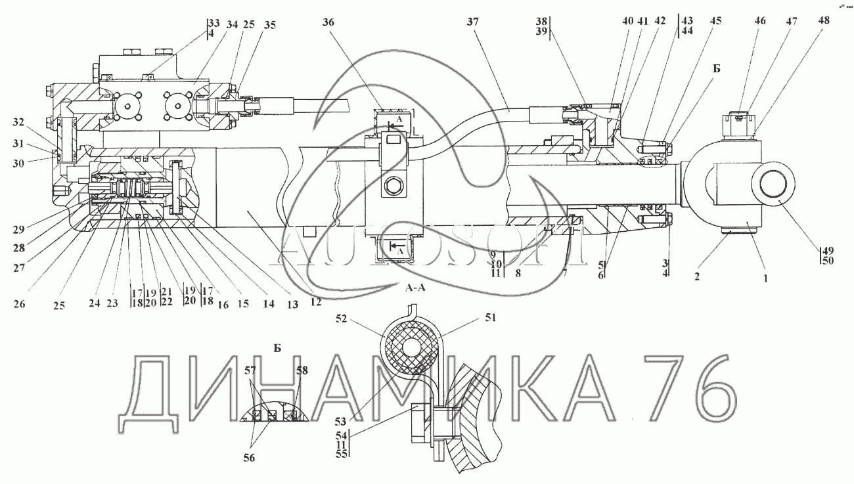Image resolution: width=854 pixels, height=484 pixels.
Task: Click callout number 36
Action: [328, 21]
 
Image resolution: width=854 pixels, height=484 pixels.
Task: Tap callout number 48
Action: [824, 21]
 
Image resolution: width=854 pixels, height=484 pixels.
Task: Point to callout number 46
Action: [760, 21]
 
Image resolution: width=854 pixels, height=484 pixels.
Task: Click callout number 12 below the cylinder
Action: [316, 301]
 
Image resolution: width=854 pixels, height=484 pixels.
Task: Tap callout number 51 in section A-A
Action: [491, 319]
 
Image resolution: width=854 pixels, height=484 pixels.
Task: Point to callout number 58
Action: [301, 371]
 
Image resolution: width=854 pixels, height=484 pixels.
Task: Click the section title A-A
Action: [417, 288]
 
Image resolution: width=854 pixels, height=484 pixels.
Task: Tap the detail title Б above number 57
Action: [277, 348]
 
